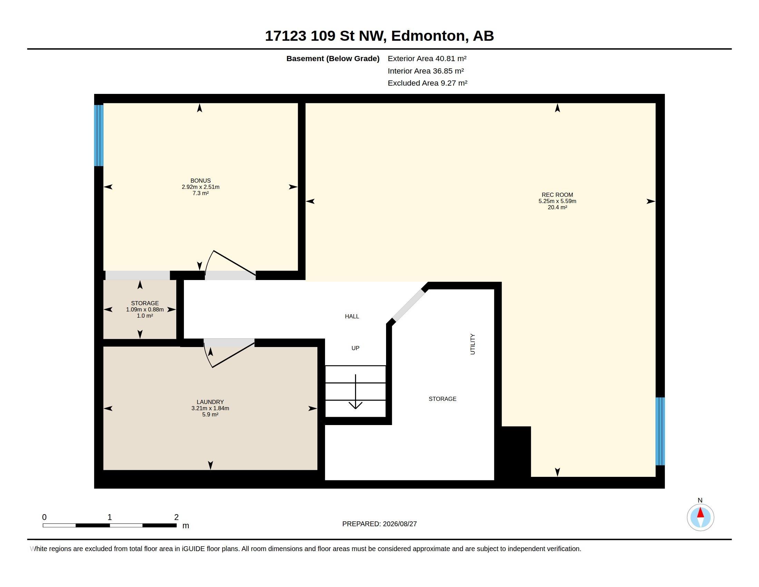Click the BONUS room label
tap(200, 181)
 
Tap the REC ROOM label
tap(557, 195)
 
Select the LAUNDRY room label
tap(210, 402)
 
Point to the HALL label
tap(352, 316)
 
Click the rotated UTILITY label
tap(472, 344)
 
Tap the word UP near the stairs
tap(355, 348)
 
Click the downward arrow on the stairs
tap(355, 392)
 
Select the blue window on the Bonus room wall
tap(99, 135)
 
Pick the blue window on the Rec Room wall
tap(660, 431)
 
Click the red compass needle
tap(700, 512)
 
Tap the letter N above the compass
tap(700, 500)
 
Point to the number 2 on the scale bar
tap(176, 517)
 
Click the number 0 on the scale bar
tap(44, 517)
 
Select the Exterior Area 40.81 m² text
tap(427, 58)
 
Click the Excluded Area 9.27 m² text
tap(427, 83)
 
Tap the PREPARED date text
tap(379, 524)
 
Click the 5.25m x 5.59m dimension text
tap(557, 201)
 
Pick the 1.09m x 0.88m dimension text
tap(145, 309)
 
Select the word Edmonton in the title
tap(430, 36)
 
